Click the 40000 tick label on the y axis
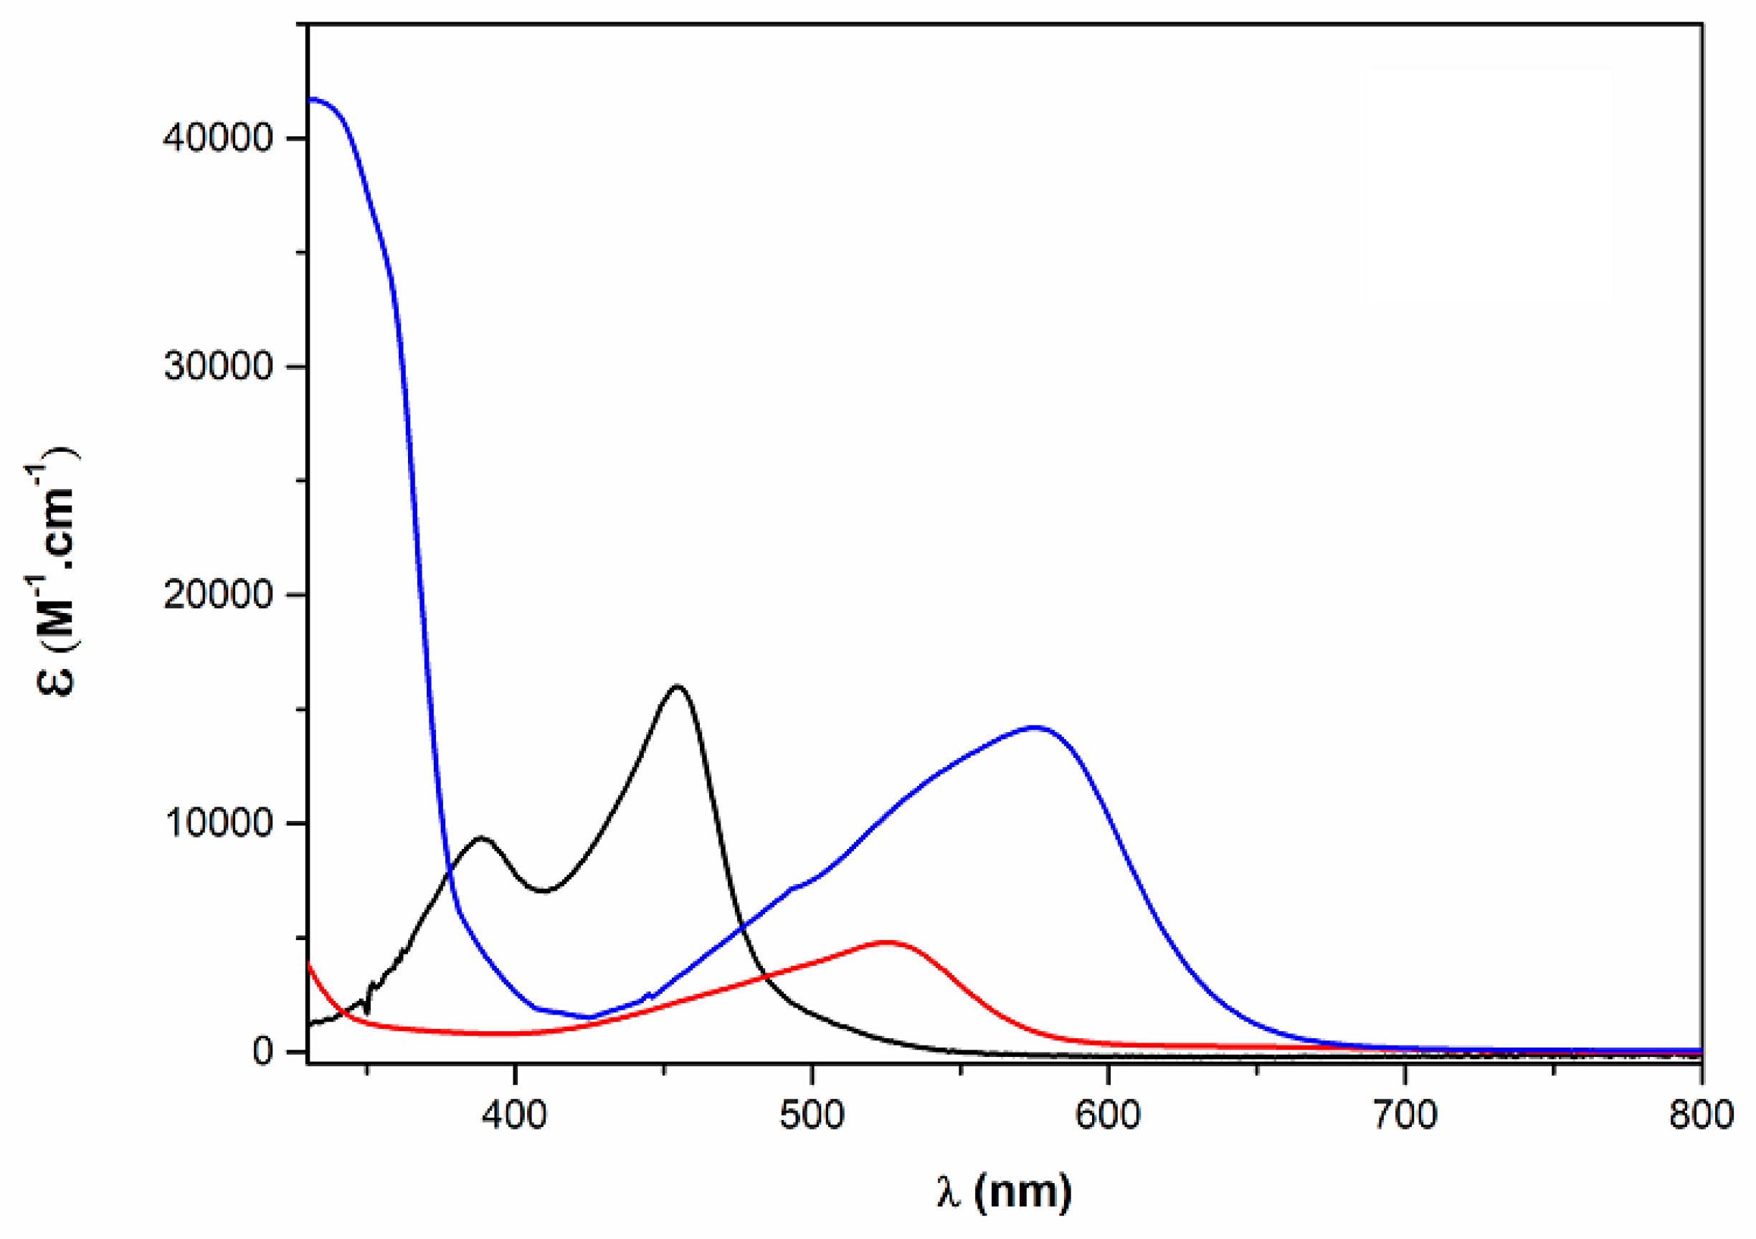pos(218,138)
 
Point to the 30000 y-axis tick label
pos(218,366)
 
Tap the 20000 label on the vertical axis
pos(218,594)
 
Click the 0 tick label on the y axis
pos(263,1052)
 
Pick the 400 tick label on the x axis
pos(515,1116)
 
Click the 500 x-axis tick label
pos(812,1116)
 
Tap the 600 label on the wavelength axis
pos(1107,1116)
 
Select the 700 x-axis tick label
pos(1405,1116)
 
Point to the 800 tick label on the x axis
pos(1700,1116)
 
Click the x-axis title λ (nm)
pos(1004,1191)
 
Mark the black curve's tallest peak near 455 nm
pos(677,686)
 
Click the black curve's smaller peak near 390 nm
pos(481,837)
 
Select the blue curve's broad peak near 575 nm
pos(1035,727)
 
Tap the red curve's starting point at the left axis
pos(308,964)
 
